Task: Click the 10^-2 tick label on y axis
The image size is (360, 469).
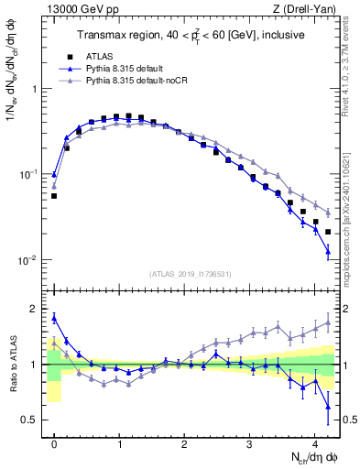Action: (29, 259)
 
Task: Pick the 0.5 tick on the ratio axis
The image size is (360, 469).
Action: (31, 420)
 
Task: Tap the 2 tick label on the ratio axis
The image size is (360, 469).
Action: (36, 309)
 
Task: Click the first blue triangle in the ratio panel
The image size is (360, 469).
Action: (54, 318)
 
